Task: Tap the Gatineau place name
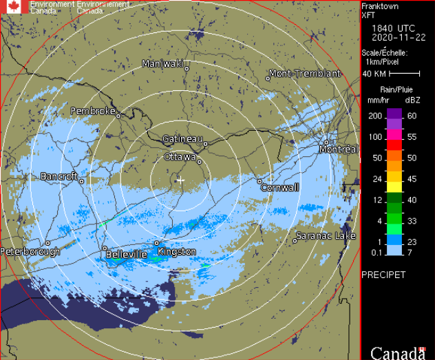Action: (182, 139)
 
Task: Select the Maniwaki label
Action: (162, 64)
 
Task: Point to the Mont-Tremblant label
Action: (305, 74)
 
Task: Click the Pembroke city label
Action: (93, 111)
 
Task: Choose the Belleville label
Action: (127, 255)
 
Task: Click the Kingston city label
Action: (177, 252)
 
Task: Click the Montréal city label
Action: (341, 149)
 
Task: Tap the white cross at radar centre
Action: (181, 180)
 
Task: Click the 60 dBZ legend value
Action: (412, 116)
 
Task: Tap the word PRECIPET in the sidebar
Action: (383, 275)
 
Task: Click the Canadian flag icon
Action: (14, 7)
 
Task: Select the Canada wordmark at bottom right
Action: (398, 353)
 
